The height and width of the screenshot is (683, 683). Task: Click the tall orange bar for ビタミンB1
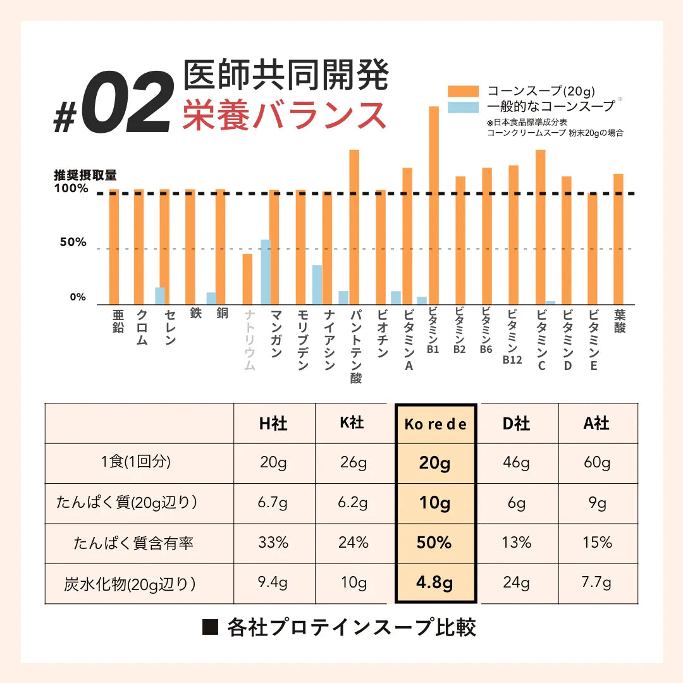[434, 206]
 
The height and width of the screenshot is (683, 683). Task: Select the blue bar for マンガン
[266, 272]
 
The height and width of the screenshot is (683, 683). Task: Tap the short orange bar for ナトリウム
[247, 279]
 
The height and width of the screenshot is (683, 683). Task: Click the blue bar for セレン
[160, 296]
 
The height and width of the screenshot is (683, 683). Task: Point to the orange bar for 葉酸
[618, 239]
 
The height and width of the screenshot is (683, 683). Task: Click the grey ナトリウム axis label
[249, 340]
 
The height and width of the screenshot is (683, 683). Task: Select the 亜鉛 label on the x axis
[118, 321]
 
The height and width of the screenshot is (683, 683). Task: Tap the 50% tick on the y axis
[73, 242]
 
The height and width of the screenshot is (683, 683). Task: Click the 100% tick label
[71, 188]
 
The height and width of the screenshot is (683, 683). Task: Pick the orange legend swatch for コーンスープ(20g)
[463, 90]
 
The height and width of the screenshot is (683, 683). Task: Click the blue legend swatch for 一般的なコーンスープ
[463, 106]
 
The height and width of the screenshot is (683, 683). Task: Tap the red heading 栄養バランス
[285, 115]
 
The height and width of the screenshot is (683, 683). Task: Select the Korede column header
[435, 424]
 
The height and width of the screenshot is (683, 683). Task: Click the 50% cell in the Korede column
[435, 543]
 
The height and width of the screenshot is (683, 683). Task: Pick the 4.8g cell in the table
[435, 583]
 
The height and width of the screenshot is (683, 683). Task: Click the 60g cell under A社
[598, 463]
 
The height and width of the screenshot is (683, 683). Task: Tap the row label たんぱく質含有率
[133, 543]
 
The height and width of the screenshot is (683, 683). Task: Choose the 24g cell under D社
[516, 583]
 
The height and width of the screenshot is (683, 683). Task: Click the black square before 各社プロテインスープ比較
[210, 627]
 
